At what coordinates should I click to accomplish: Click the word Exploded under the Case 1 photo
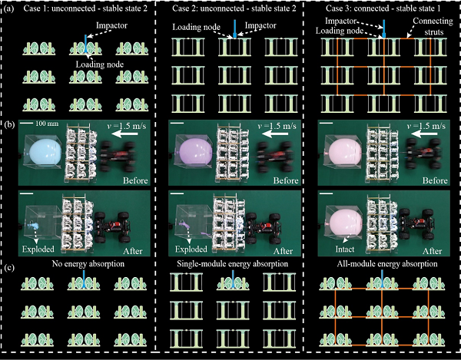coord(38,249)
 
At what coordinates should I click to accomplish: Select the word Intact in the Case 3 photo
coord(345,249)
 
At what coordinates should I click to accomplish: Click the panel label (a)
coord(8,8)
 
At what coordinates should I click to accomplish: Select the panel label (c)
coord(8,269)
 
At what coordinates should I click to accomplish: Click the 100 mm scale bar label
coord(47,124)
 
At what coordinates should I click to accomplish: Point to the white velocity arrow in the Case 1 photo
coord(125,134)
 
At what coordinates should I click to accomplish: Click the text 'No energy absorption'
coord(88,264)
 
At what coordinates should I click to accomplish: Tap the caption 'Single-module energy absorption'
coord(233,264)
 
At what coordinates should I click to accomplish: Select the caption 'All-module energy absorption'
coord(387,264)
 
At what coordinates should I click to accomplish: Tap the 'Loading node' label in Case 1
coord(100,64)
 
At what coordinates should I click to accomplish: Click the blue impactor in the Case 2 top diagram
coord(234,28)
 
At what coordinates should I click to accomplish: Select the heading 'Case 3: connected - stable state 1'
coord(383,8)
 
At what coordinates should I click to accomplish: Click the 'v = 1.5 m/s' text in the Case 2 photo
coord(277,126)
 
